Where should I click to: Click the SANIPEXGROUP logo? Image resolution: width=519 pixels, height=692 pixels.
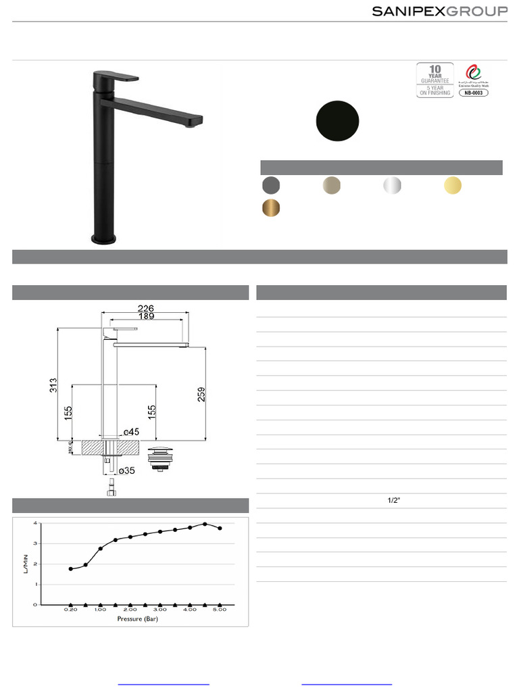440,11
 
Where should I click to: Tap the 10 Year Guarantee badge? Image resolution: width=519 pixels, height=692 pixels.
435,80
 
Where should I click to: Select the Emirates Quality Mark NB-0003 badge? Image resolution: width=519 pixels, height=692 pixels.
473,80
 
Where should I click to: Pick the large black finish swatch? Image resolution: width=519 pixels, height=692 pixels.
337,120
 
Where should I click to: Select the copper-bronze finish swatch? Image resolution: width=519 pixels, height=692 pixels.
271,208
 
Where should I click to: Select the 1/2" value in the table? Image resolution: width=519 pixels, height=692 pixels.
394,501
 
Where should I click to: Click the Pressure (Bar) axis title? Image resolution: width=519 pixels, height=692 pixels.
137,618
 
